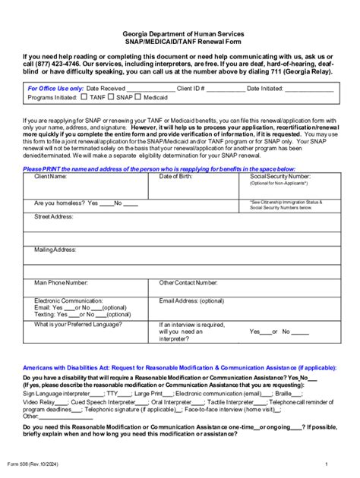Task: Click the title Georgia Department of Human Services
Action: [179, 34]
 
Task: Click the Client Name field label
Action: [50, 176]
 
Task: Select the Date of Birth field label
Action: [176, 176]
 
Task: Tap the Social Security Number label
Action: [280, 176]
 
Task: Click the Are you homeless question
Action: [60, 203]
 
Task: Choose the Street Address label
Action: [53, 216]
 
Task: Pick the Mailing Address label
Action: [55, 249]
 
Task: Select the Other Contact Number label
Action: [188, 282]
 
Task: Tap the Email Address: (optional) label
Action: [191, 300]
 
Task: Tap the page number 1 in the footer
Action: [325, 464]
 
